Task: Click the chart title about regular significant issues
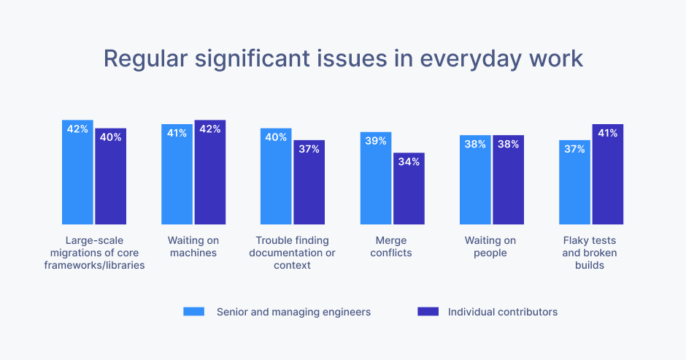(343, 58)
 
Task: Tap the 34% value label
(409, 161)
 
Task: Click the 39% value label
(376, 141)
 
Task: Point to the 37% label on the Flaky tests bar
(574, 149)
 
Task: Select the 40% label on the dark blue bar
(110, 137)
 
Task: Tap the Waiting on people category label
(490, 247)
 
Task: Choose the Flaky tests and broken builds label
(590, 253)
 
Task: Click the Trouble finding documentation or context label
(292, 253)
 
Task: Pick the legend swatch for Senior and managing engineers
(194, 312)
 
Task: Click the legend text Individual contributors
(502, 312)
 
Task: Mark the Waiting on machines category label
(193, 247)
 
